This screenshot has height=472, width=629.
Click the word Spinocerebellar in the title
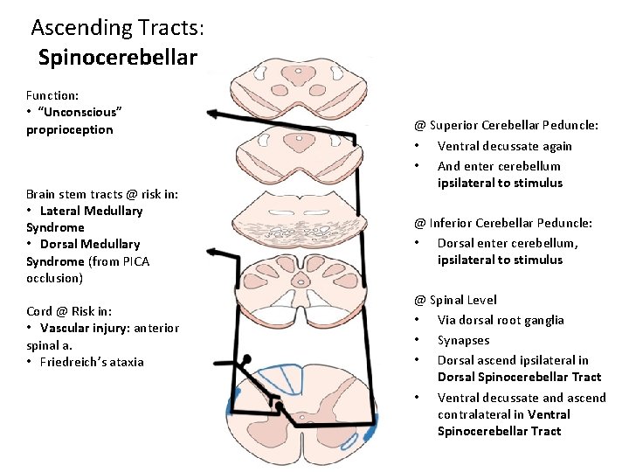(x=118, y=59)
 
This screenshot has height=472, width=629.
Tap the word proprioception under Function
(x=70, y=129)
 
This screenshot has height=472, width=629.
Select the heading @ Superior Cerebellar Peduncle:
(x=506, y=125)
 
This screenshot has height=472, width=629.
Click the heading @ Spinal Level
(x=455, y=300)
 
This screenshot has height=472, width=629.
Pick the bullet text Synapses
(x=463, y=340)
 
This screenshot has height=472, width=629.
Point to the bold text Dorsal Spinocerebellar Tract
(x=519, y=377)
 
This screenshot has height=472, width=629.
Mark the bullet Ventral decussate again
(x=504, y=146)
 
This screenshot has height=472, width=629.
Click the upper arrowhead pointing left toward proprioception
(x=212, y=112)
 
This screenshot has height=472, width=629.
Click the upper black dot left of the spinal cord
(x=247, y=359)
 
